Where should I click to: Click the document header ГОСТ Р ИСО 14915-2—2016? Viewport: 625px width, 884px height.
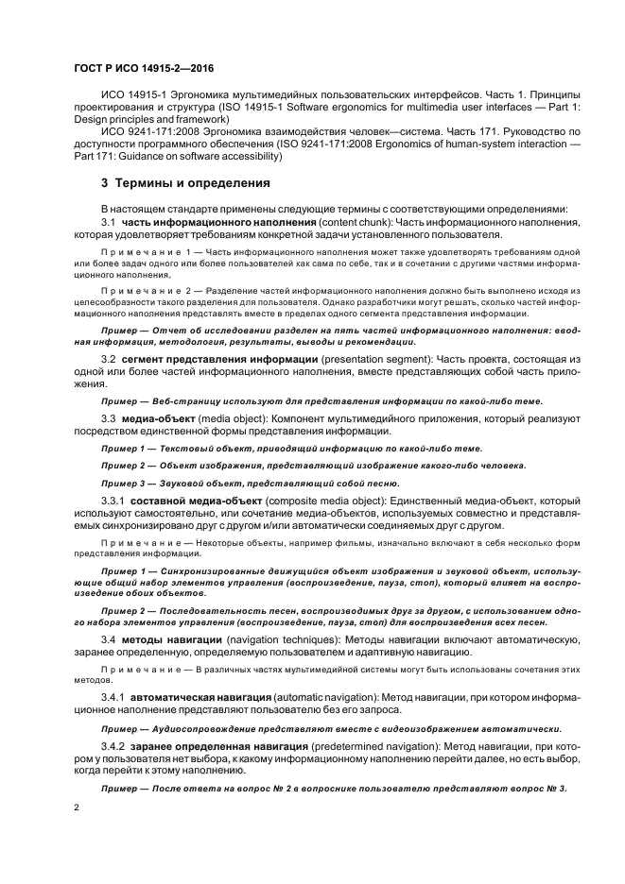pyautogui.click(x=138, y=69)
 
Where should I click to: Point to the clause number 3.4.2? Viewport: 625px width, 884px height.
pyautogui.click(x=113, y=745)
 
